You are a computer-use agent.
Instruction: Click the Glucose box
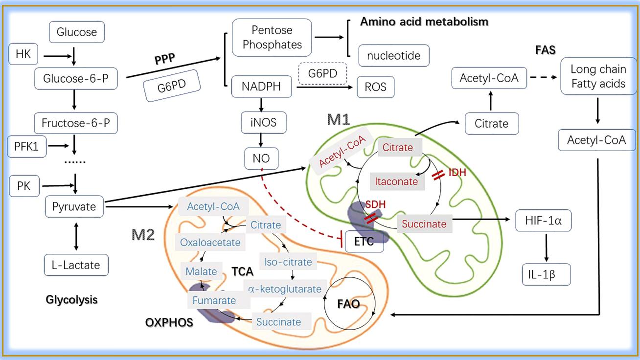[77, 33]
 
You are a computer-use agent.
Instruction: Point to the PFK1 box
[26, 146]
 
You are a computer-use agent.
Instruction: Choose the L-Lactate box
[75, 265]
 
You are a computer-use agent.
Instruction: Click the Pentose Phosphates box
[272, 37]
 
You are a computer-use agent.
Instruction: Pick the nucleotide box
[393, 56]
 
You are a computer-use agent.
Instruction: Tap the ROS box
[375, 87]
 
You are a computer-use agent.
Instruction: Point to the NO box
[262, 157]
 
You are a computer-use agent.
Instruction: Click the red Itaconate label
[396, 182]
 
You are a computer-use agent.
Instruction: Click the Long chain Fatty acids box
[598, 77]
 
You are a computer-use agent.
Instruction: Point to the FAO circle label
[348, 304]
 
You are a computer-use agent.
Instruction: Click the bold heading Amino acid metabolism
[424, 22]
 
